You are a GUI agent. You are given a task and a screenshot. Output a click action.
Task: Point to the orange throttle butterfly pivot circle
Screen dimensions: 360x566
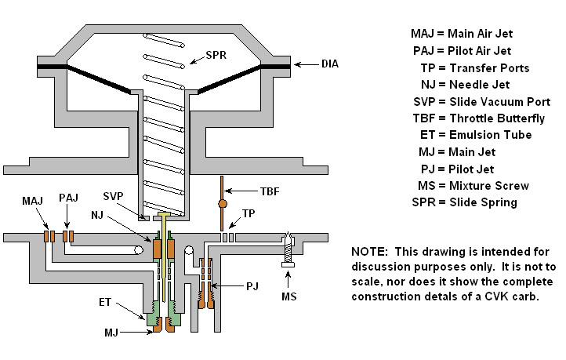(223, 205)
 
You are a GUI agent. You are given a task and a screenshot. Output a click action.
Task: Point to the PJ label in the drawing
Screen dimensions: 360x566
(252, 287)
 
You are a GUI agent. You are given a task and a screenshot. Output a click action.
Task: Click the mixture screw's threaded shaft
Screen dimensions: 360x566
(288, 251)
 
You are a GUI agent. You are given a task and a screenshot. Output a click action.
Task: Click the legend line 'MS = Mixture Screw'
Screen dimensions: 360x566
(472, 186)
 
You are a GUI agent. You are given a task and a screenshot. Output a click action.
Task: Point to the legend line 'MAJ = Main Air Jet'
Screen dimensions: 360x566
(466, 34)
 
